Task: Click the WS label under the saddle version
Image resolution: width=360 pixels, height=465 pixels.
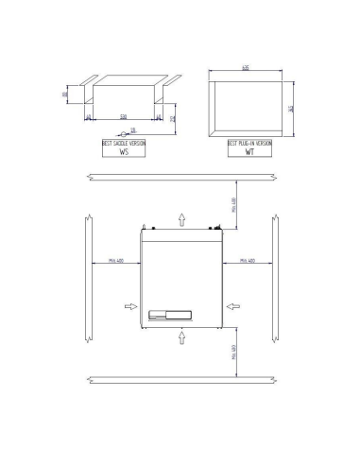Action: pyautogui.click(x=123, y=151)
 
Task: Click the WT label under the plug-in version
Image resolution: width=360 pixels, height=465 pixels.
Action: pyautogui.click(x=249, y=151)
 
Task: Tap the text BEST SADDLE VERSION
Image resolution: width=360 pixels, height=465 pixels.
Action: pyautogui.click(x=124, y=142)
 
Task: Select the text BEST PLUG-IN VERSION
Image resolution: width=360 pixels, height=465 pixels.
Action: pyautogui.click(x=250, y=142)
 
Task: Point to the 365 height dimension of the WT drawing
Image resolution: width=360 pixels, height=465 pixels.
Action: pyautogui.click(x=291, y=108)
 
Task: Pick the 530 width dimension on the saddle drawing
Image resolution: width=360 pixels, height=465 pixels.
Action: pyautogui.click(x=123, y=117)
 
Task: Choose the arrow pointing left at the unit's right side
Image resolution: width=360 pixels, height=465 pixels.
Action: pyautogui.click(x=233, y=306)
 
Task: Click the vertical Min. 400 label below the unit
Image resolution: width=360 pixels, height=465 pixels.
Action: pyautogui.click(x=232, y=353)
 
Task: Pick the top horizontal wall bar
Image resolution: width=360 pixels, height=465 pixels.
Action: pyautogui.click(x=180, y=177)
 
